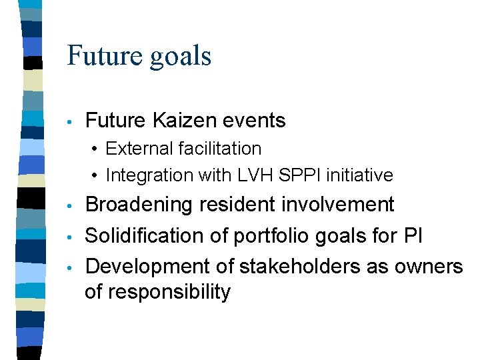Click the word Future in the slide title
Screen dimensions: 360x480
click(x=105, y=55)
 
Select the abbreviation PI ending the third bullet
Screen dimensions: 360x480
click(x=407, y=235)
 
